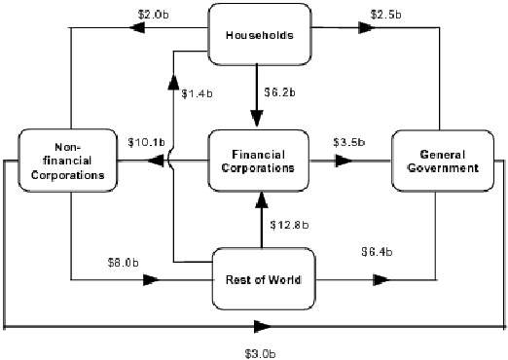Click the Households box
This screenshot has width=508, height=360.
[260, 37]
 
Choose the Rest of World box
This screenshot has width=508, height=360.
[260, 280]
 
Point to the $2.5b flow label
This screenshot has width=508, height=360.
[387, 15]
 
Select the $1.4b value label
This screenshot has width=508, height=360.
[198, 94]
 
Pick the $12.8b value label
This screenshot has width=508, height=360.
[289, 226]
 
